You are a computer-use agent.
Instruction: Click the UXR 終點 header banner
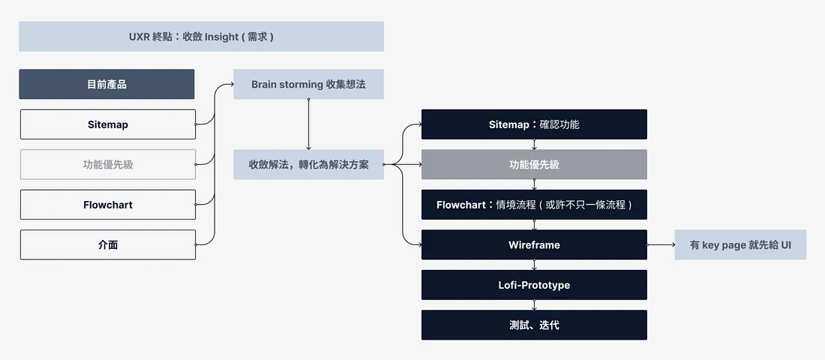point(201,36)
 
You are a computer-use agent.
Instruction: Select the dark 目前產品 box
point(106,84)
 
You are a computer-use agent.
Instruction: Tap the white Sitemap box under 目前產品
point(108,124)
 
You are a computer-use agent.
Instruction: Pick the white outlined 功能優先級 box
point(108,164)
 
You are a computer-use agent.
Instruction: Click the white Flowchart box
point(108,205)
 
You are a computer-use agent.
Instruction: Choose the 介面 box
point(108,244)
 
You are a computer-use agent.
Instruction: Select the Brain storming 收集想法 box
point(308,84)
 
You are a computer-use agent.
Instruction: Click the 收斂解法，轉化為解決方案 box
point(308,164)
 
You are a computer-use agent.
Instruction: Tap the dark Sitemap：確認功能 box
point(534,124)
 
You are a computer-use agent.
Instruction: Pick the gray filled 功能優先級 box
point(534,164)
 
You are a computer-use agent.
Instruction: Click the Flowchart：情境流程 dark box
point(534,205)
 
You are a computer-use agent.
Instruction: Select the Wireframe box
point(534,244)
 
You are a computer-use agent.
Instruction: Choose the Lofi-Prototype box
point(534,285)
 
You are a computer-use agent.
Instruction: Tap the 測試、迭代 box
point(534,325)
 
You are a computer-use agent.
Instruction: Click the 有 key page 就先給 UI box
point(740,244)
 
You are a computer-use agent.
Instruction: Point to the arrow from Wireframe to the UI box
point(661,244)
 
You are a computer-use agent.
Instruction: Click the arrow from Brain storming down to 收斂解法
point(308,124)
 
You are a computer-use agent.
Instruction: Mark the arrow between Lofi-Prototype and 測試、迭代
point(534,305)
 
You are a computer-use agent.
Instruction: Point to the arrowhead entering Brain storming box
point(230,84)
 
